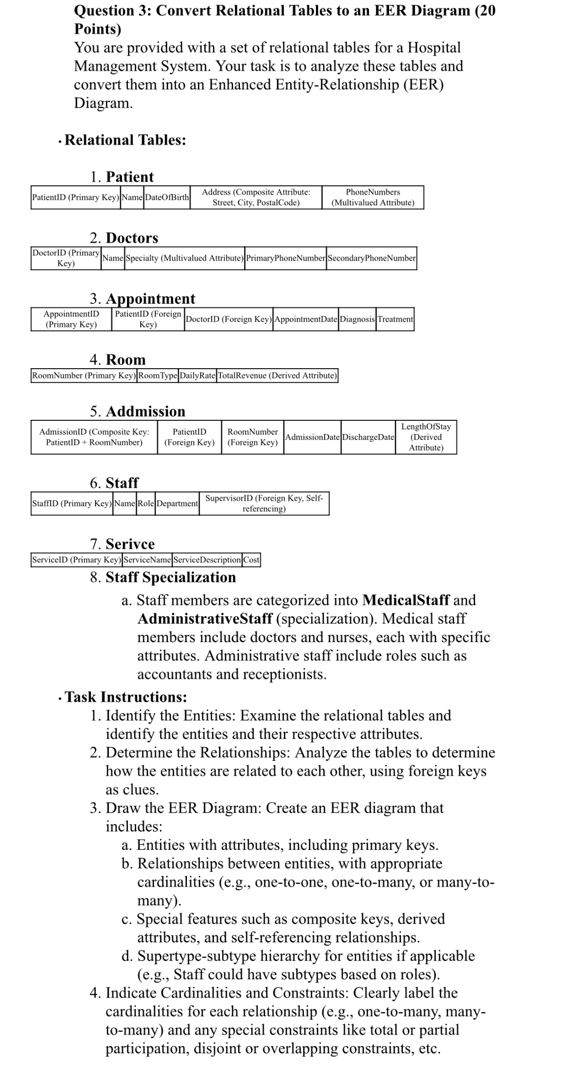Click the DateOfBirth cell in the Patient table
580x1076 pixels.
[x=167, y=197]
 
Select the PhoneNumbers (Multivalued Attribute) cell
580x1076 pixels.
[x=372, y=197]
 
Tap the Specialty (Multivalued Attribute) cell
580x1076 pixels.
[x=184, y=258]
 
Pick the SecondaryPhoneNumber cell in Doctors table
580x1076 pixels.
[x=371, y=258]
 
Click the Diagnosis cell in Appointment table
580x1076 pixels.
[x=357, y=319]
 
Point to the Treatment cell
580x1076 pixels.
[x=395, y=319]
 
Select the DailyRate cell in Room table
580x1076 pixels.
[x=197, y=376]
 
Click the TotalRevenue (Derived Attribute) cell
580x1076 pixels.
[x=277, y=376]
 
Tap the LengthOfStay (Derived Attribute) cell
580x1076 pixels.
[x=426, y=437]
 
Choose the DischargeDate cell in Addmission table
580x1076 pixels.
[x=368, y=437]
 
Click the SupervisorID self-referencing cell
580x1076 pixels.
[x=264, y=503]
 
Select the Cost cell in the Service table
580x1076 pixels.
[x=251, y=559]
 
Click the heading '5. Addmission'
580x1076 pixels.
[x=137, y=411]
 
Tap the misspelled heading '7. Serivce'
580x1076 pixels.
[x=122, y=544]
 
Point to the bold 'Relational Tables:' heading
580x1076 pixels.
[x=125, y=140]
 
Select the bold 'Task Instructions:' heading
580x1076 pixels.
[x=126, y=697]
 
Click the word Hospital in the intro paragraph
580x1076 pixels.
[x=434, y=48]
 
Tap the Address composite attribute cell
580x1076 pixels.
[x=256, y=197]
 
